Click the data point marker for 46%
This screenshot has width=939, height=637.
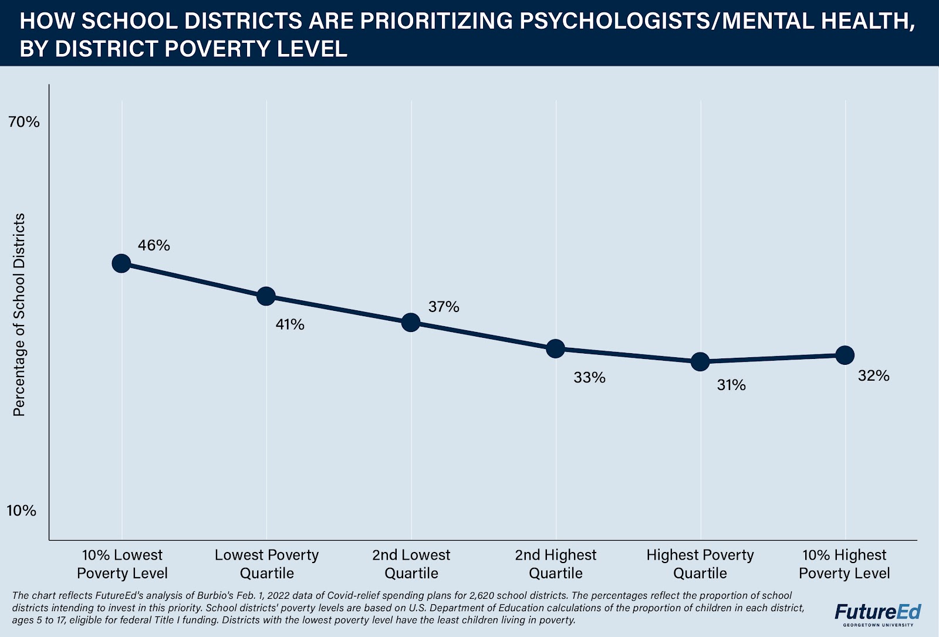[121, 263]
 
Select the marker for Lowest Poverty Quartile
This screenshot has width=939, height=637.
[266, 296]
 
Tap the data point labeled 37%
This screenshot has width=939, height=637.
[411, 322]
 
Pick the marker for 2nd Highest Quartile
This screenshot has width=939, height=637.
[555, 349]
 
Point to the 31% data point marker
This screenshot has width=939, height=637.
[700, 362]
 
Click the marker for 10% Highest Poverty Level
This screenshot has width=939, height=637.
[845, 355]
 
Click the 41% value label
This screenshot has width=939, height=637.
[290, 324]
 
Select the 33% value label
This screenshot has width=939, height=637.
[589, 378]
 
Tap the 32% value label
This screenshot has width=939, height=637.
[873, 376]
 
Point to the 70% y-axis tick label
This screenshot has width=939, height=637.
[23, 122]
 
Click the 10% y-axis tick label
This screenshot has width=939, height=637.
[22, 511]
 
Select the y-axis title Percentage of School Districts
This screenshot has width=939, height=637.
[19, 315]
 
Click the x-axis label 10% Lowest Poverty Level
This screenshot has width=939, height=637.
[122, 564]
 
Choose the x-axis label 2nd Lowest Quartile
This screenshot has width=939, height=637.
[411, 564]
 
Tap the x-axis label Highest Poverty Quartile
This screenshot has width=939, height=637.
[700, 564]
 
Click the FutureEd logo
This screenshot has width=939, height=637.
[878, 612]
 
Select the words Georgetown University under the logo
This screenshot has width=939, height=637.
[878, 625]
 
